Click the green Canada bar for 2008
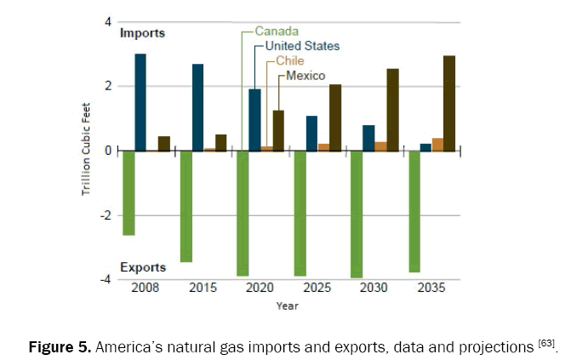click(x=128, y=192)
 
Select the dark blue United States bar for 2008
click(x=140, y=102)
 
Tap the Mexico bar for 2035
click(x=449, y=103)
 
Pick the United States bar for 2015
click(x=197, y=107)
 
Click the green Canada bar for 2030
click(x=357, y=214)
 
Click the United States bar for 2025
click(x=311, y=133)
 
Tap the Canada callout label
click(x=277, y=31)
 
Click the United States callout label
click(x=302, y=46)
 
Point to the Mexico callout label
click(x=305, y=76)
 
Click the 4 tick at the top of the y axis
click(x=108, y=20)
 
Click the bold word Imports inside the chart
click(x=142, y=33)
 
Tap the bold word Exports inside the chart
click(x=142, y=267)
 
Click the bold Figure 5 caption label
click(x=60, y=347)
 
